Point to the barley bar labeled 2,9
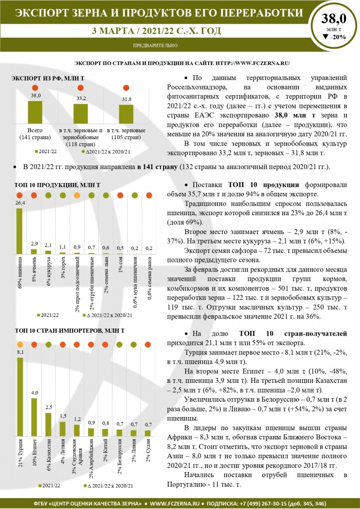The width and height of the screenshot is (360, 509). point(34,251)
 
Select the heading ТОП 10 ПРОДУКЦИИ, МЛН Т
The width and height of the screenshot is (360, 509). point(58,185)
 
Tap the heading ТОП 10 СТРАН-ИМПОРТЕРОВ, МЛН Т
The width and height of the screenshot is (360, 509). point(70,330)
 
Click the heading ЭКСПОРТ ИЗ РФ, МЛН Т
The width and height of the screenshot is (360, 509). point(48,79)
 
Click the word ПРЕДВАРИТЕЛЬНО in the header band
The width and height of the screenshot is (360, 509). point(156,46)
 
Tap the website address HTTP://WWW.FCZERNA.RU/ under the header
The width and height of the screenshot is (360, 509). point(253,63)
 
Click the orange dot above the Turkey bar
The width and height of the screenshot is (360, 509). point(20,345)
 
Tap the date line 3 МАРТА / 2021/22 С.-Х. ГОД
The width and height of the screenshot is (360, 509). point(156,31)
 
